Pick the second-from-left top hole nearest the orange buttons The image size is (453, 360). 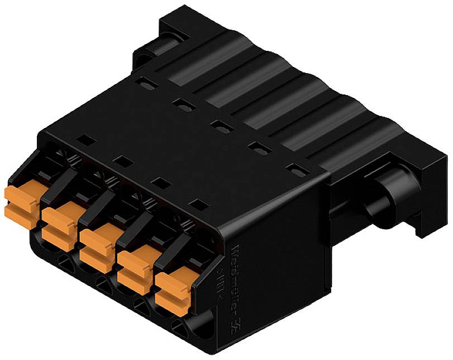tap(121, 161)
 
